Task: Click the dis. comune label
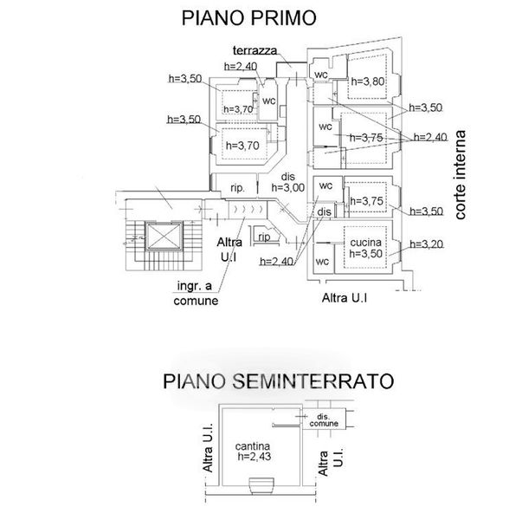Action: pos(324,421)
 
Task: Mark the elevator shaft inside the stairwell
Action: pos(159,235)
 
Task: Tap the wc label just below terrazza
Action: pos(268,98)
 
